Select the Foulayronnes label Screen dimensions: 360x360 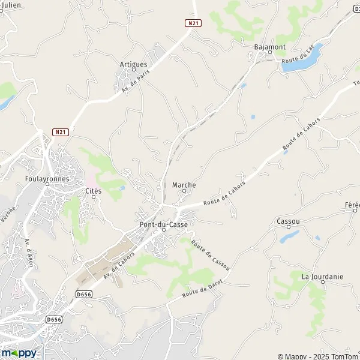(48, 178)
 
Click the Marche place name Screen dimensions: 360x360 (184, 185)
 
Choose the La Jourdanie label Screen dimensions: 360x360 (322, 277)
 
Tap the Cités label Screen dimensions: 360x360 (94, 191)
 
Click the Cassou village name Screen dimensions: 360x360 (288, 221)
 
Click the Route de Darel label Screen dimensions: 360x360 (199, 293)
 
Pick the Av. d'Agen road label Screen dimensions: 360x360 (29, 253)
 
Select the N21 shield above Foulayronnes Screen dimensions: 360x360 (59, 132)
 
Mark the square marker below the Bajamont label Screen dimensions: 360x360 (269, 52)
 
